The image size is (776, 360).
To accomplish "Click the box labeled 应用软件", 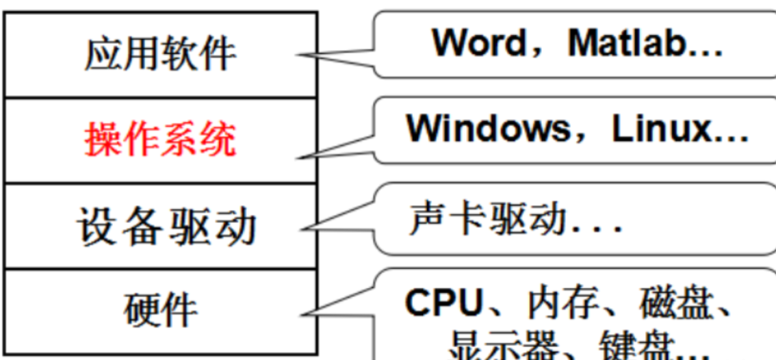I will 160,55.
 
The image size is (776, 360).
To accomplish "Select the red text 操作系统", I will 160,140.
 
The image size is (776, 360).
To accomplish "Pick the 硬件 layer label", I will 160,310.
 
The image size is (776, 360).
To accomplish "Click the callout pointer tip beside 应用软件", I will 301,56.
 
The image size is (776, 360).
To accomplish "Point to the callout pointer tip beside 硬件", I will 301,314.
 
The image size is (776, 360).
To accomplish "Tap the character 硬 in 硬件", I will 142,310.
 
